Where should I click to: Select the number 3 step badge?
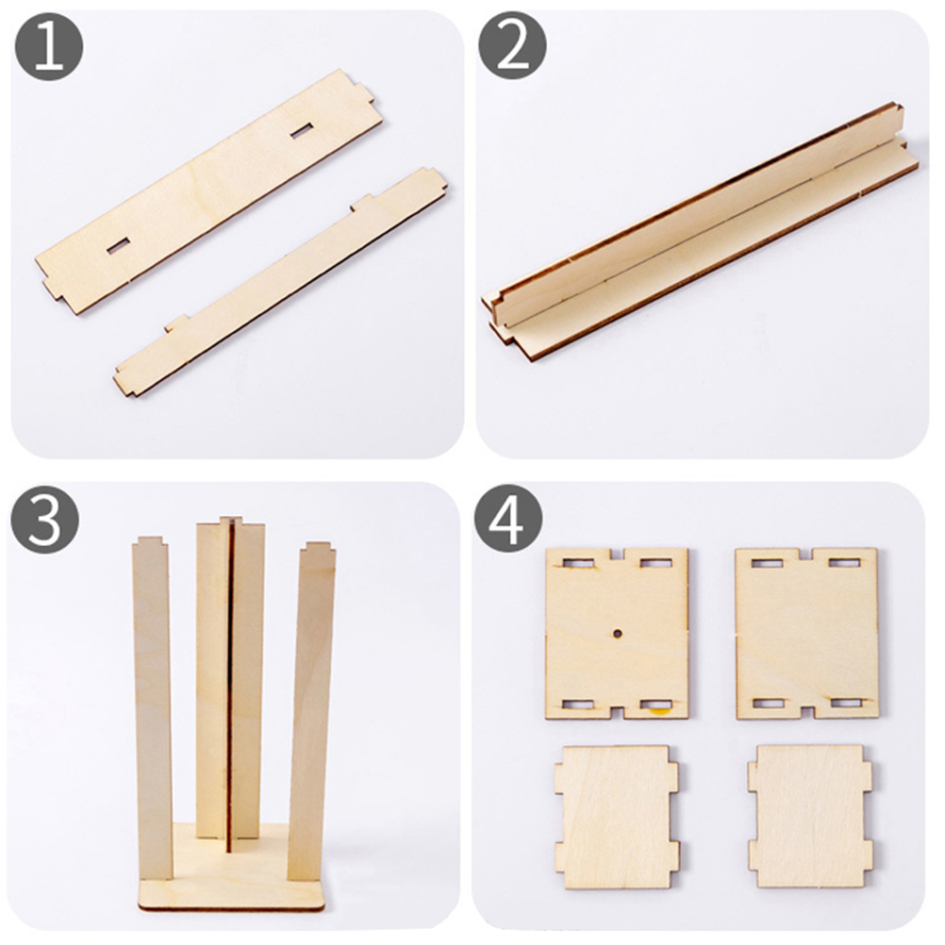coord(44,520)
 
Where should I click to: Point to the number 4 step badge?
coord(508,519)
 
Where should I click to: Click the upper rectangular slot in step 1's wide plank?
coord(302,130)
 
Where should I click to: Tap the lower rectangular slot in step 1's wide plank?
coord(119,246)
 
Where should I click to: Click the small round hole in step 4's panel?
coord(617,634)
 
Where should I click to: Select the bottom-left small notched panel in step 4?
coord(617,817)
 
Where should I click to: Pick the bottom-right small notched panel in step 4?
coord(810,816)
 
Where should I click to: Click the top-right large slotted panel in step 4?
coord(806,634)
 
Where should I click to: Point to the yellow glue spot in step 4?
coord(657,712)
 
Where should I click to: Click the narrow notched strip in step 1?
coord(280,282)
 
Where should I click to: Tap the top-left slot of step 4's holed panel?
coord(578,563)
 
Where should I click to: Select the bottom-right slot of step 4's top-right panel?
coord(846,703)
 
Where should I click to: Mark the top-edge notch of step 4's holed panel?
coord(617,554)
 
